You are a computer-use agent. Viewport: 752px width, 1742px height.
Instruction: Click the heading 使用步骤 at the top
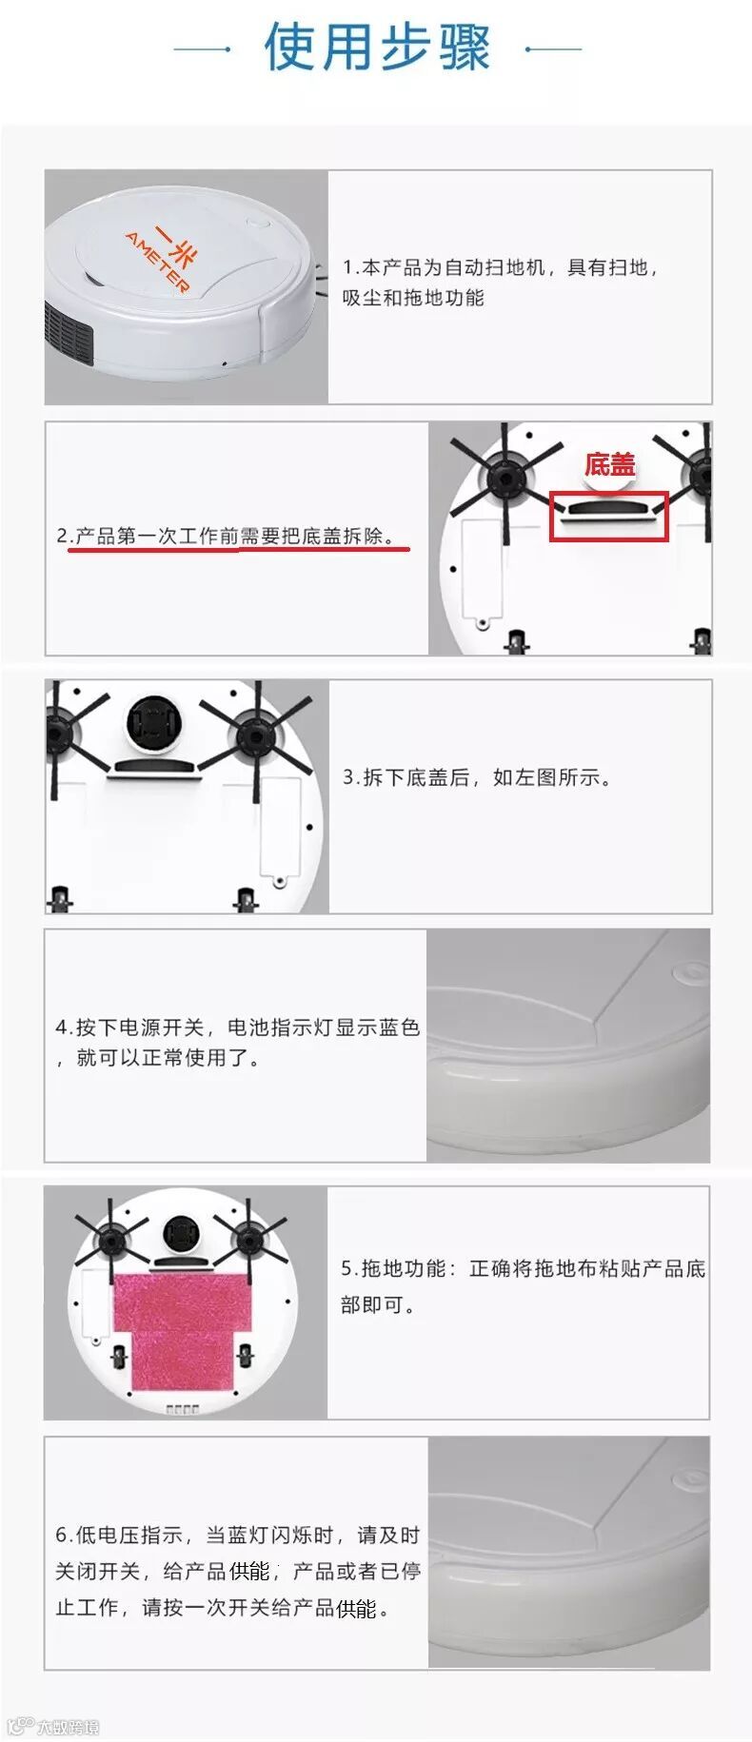[377, 47]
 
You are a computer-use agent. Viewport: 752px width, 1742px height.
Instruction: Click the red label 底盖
[609, 465]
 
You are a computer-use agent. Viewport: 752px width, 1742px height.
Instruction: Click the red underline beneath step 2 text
[238, 550]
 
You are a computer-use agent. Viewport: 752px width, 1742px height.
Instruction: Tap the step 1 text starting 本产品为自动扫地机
[500, 283]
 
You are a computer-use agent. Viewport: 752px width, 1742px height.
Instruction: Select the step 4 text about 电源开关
[237, 1042]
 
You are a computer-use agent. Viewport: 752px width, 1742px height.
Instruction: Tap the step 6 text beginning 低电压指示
[237, 1571]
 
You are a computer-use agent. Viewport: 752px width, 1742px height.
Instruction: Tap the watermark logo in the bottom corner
[52, 1726]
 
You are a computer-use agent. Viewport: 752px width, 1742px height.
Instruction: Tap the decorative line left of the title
[202, 49]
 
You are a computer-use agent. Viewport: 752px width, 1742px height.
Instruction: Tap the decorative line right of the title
[553, 49]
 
